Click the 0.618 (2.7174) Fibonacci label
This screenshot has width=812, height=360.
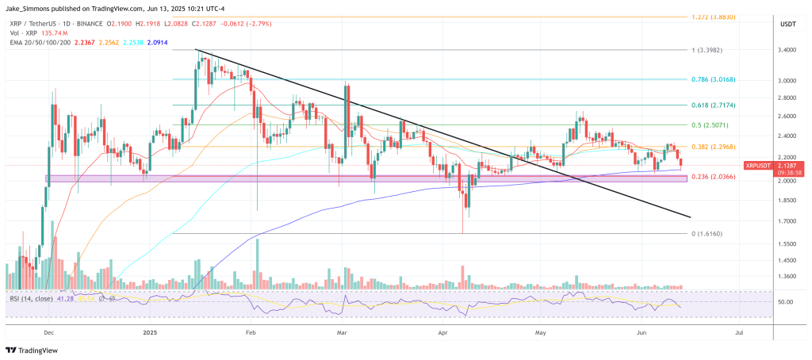point(715,105)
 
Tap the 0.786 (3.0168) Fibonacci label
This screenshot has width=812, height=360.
point(715,80)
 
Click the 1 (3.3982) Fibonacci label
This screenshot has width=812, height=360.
point(710,49)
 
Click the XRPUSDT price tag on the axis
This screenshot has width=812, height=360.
point(758,166)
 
